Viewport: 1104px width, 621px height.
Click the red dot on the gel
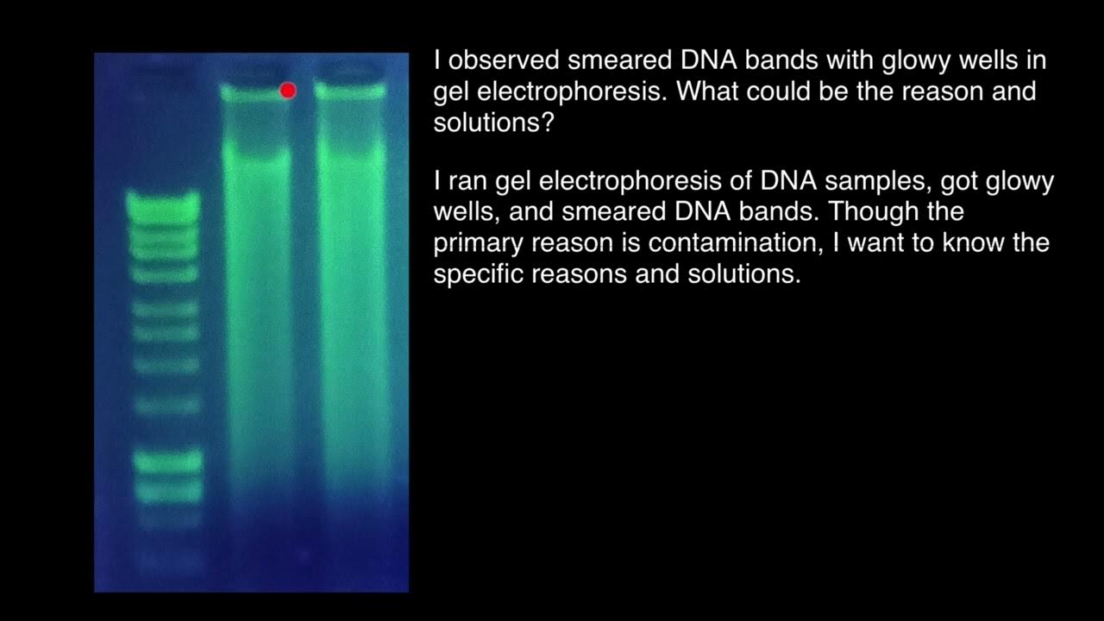click(288, 90)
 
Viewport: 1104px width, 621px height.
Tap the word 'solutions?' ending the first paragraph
click(492, 122)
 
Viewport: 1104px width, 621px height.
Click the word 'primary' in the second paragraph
click(479, 243)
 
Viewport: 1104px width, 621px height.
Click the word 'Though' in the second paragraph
click(871, 212)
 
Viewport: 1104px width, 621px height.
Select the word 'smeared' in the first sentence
click(622, 60)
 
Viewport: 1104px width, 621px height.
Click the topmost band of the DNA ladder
click(163, 204)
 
